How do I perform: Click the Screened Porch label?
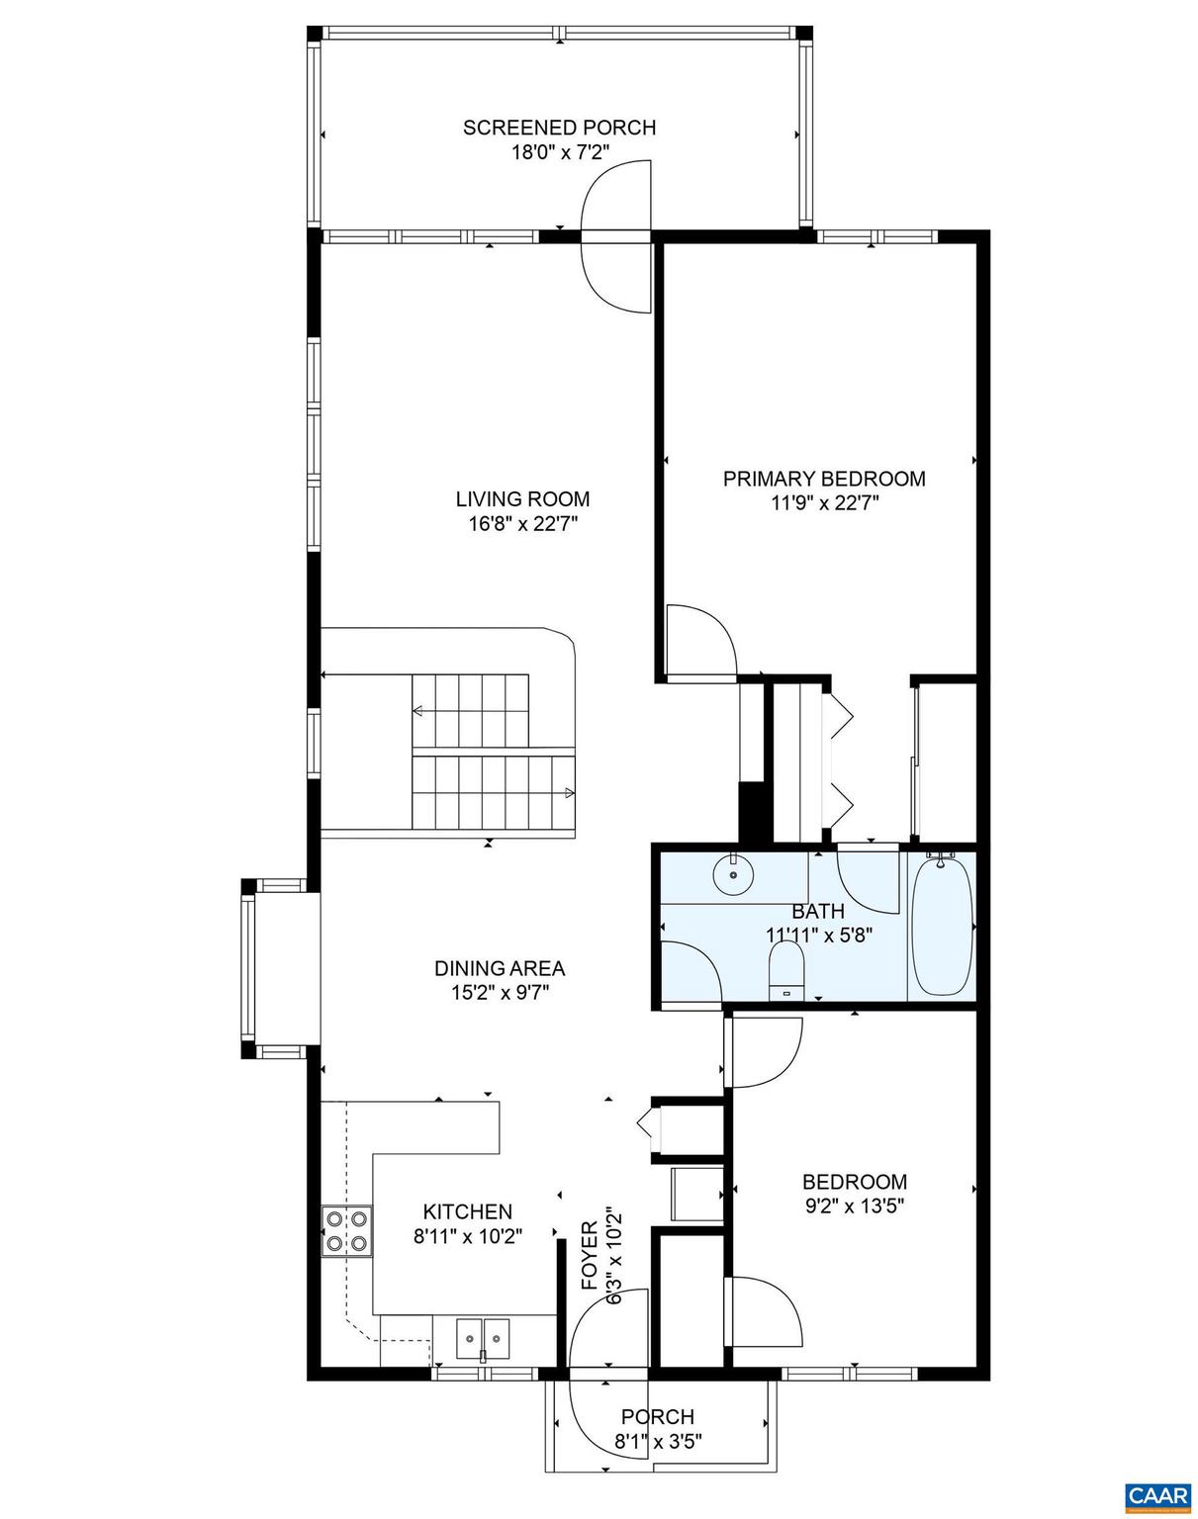[x=559, y=128]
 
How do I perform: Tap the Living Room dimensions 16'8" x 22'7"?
[x=522, y=524]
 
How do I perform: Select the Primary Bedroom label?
[x=824, y=479]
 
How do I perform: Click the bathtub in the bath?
[x=942, y=927]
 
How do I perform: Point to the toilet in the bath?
[x=786, y=970]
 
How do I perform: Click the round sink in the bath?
[x=733, y=874]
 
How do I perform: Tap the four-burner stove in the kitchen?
[x=346, y=1231]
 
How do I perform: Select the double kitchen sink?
[x=483, y=1339]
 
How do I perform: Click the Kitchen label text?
[x=467, y=1211]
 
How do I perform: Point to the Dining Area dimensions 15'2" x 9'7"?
[x=500, y=993]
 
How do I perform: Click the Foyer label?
[x=590, y=1256]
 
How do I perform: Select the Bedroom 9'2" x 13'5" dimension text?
[x=854, y=1206]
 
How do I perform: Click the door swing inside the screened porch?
[x=616, y=197]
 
